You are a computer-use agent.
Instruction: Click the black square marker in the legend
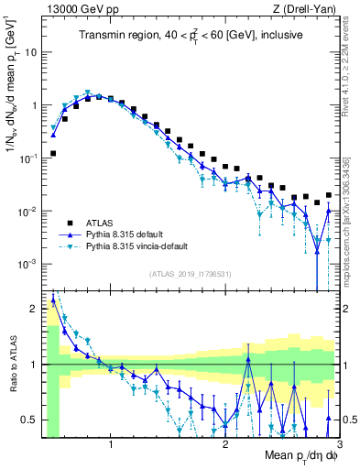tap(70, 223)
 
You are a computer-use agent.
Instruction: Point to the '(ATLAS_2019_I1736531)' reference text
tap(190, 274)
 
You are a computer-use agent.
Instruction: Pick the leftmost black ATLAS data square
tap(53, 154)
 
